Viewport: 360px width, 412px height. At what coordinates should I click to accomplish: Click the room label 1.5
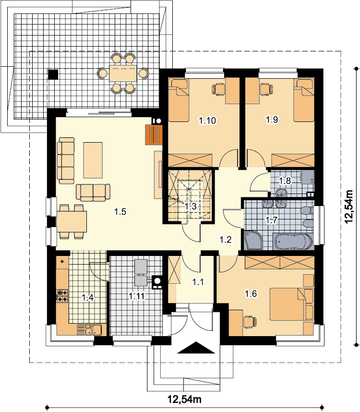point(120,211)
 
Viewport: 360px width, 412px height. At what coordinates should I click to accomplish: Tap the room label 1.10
point(207,121)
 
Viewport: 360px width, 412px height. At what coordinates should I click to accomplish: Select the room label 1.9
point(272,120)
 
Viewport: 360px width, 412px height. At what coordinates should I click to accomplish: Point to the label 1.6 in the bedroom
point(251,293)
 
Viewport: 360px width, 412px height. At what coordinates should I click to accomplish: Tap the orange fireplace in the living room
point(154,134)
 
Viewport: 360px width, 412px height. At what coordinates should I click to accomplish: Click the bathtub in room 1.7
point(293,241)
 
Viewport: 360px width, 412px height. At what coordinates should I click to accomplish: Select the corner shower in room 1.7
point(253,240)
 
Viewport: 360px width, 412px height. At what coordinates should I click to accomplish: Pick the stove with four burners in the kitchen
point(62,296)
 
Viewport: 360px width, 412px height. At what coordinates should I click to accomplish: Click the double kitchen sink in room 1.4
point(89,330)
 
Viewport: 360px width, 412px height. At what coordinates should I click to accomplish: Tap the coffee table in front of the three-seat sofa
point(93,160)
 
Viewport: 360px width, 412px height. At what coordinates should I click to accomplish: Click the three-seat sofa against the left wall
point(66,160)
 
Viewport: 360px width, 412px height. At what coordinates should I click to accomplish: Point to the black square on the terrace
point(53,74)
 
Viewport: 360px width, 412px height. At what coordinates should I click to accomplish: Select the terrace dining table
point(123,73)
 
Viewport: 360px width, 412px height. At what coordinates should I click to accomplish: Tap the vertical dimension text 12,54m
point(349,206)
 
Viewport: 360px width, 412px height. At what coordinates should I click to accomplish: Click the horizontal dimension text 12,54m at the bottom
point(185,400)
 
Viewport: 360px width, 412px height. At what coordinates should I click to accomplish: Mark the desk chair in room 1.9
point(266,88)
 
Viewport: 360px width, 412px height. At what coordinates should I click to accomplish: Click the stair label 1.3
point(191,206)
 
